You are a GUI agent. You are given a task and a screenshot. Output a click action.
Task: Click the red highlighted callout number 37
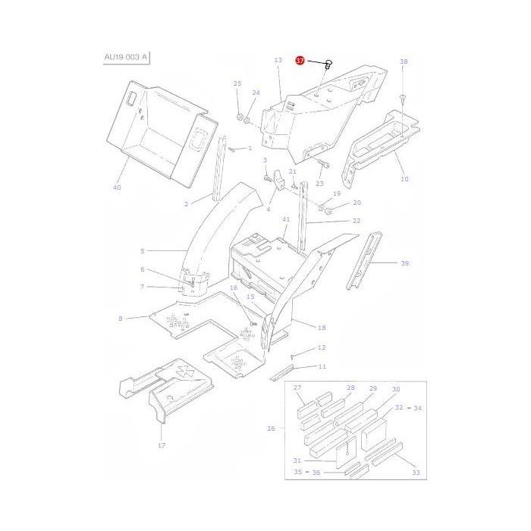300,61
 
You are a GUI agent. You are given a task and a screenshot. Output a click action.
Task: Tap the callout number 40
117,187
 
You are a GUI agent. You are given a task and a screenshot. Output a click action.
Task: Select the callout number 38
404,61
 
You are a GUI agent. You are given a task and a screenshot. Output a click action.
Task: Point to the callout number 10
404,179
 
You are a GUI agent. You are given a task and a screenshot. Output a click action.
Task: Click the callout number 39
404,263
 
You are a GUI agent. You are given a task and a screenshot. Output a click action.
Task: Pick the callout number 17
162,445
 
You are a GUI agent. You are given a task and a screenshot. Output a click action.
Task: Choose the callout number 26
272,429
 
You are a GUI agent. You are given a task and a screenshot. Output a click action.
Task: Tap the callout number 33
415,473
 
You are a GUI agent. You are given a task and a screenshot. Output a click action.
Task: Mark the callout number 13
278,60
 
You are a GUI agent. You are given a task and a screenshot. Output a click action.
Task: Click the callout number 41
286,219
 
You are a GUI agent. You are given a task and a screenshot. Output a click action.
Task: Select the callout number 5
141,250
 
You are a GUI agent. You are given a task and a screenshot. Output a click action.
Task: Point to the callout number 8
120,319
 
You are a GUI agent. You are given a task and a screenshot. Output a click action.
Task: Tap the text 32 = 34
407,408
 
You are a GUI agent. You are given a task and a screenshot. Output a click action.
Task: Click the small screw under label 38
403,96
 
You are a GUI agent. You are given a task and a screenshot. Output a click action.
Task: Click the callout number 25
237,83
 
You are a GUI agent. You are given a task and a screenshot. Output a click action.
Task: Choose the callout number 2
186,204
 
